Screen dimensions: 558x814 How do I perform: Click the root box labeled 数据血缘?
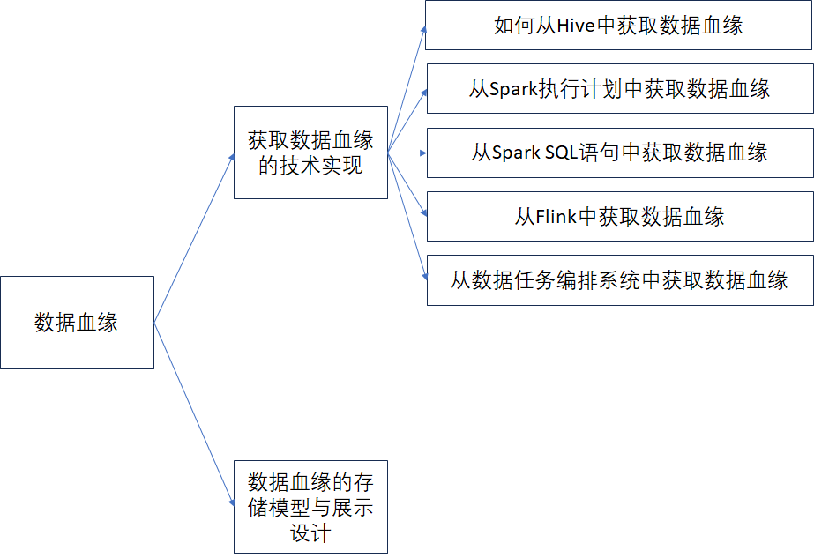coord(77,323)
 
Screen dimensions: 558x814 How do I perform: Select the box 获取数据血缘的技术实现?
coord(310,153)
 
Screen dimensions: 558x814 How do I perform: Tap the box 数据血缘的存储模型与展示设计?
coord(310,507)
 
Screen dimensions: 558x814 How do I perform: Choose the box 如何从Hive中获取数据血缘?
coord(619,25)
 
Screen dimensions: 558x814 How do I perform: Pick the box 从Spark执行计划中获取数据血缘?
coord(619,88)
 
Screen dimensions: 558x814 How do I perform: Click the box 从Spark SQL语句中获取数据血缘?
coord(619,153)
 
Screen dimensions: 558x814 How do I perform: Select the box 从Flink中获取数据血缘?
coord(619,216)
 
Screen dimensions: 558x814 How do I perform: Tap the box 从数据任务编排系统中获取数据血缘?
coord(619,280)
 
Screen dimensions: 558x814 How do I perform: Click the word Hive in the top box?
coord(577,26)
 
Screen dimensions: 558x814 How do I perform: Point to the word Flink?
coord(556,217)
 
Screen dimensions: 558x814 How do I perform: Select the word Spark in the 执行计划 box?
coord(512,89)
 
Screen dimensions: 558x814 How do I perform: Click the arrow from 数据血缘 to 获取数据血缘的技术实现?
coord(194,238)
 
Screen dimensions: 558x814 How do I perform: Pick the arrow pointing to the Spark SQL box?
coord(407,153)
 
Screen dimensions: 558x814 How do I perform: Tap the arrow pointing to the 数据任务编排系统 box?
coord(408,216)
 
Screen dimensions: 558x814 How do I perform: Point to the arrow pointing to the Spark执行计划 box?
coord(408,119)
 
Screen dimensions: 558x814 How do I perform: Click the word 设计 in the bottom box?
coord(310,533)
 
